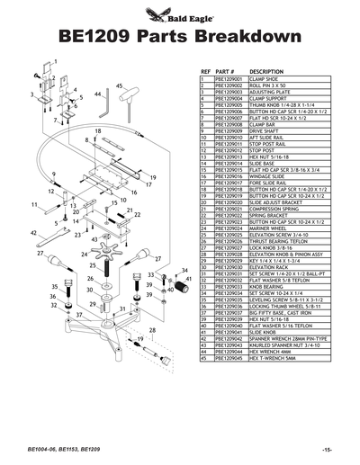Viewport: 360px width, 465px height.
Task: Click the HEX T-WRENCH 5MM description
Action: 274,357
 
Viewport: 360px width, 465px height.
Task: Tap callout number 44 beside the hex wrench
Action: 97,94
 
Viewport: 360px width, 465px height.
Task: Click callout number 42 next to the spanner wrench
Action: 33,232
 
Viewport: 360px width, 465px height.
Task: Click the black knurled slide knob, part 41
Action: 188,286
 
